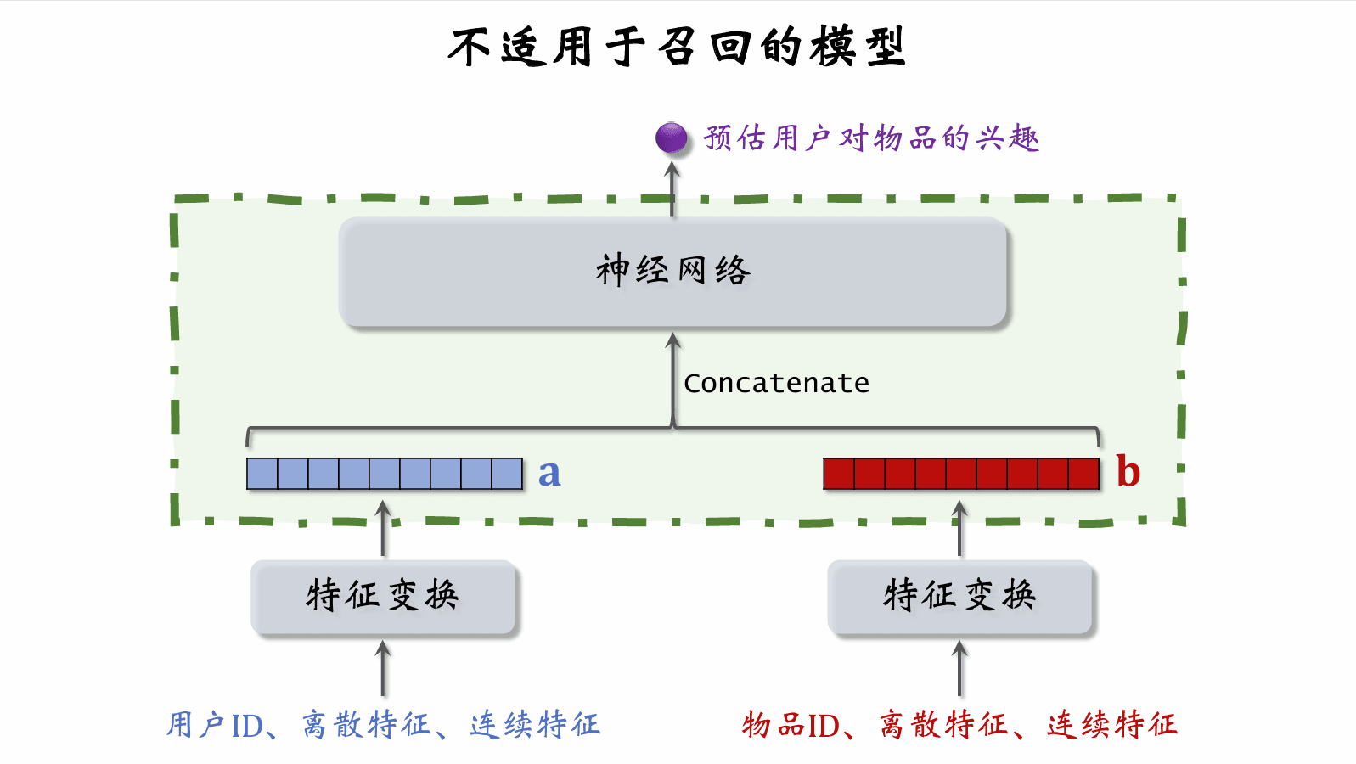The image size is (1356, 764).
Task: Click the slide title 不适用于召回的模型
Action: pyautogui.click(x=677, y=47)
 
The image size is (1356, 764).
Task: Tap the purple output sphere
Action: pyautogui.click(x=672, y=138)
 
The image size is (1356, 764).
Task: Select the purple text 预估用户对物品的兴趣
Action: pyautogui.click(x=871, y=138)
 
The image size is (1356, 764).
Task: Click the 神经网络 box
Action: pyautogui.click(x=672, y=272)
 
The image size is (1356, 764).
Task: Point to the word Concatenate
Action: pyautogui.click(x=776, y=383)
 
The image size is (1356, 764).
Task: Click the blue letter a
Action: pyautogui.click(x=549, y=474)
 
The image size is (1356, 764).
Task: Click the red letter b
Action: pyautogui.click(x=1128, y=472)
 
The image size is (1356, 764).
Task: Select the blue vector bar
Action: pyautogui.click(x=384, y=474)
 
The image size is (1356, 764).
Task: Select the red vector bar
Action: pyautogui.click(x=961, y=474)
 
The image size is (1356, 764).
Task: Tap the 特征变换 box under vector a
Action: pyautogui.click(x=383, y=596)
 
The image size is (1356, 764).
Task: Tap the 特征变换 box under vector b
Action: pyautogui.click(x=959, y=596)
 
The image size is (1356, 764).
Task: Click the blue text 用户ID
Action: pyautogui.click(x=215, y=725)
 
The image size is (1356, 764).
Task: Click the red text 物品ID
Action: pyautogui.click(x=791, y=725)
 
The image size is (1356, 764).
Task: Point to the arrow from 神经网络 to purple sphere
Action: pyautogui.click(x=672, y=188)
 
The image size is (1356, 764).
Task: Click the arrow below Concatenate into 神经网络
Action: pyautogui.click(x=673, y=378)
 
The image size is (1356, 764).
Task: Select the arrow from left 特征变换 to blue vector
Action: pyautogui.click(x=384, y=528)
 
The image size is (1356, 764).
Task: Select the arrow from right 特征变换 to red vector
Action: pyautogui.click(x=959, y=528)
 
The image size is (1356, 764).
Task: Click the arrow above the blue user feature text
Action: pyautogui.click(x=384, y=669)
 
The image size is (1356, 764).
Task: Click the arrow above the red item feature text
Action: pyautogui.click(x=959, y=669)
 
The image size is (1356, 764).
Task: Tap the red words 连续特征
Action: pyautogui.click(x=1112, y=725)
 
